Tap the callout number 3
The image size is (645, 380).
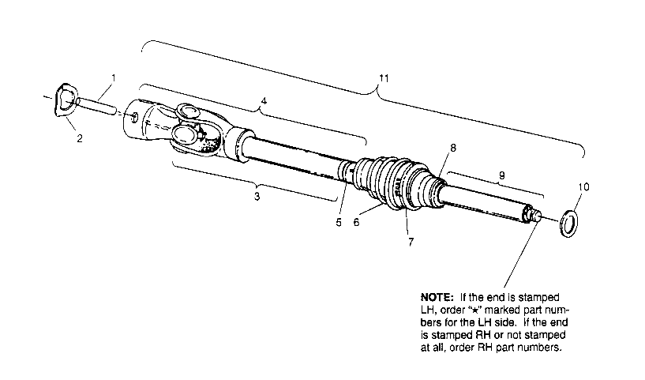(256, 195)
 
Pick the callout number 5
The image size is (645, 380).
(339, 223)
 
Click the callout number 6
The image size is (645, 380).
(356, 223)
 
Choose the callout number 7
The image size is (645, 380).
(410, 241)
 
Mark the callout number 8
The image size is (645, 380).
(453, 148)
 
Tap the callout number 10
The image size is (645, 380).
(583, 187)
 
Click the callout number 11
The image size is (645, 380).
(384, 78)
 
